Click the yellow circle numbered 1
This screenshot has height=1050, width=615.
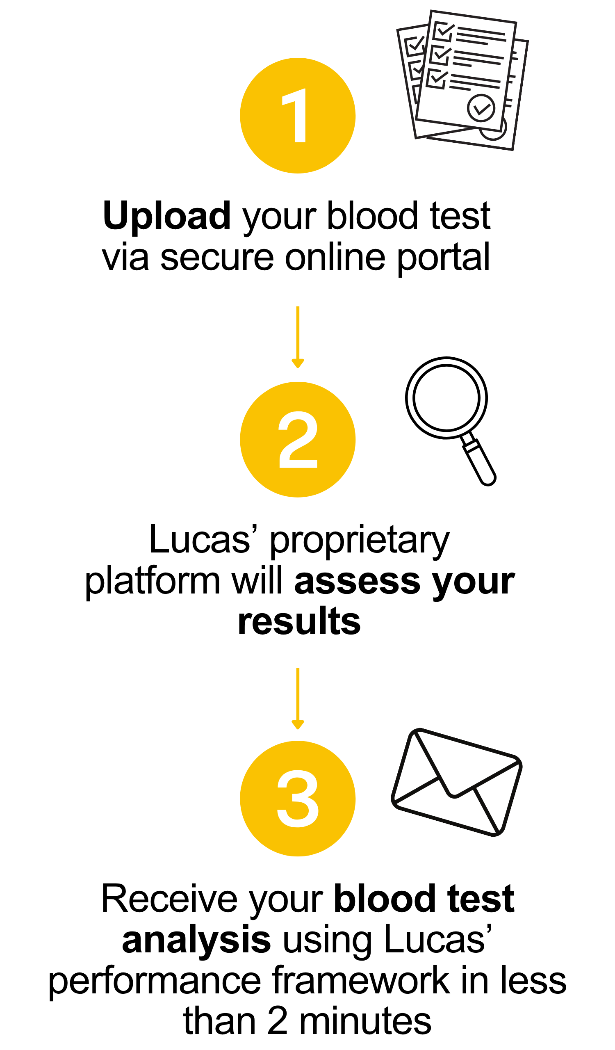pyautogui.click(x=297, y=115)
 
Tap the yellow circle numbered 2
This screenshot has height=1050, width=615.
pyautogui.click(x=297, y=440)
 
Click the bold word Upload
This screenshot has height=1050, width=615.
pyautogui.click(x=166, y=216)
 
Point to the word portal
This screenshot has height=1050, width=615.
pyautogui.click(x=443, y=258)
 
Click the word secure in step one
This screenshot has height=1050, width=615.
pyautogui.click(x=217, y=258)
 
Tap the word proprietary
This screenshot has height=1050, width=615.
pyautogui.click(x=360, y=541)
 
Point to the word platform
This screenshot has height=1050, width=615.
pyautogui.click(x=153, y=581)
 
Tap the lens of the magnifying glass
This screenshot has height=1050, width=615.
pyautogui.click(x=446, y=397)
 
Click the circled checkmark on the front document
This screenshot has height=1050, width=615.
pyautogui.click(x=481, y=108)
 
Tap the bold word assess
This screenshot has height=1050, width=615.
pyautogui.click(x=357, y=581)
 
